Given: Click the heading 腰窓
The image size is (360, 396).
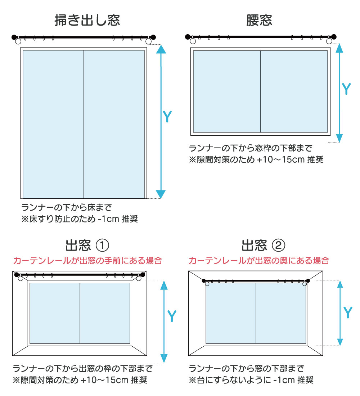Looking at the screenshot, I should (x=259, y=20).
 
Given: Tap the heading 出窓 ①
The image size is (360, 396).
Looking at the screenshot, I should (x=87, y=246).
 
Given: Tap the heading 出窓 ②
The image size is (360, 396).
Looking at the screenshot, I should (x=263, y=246).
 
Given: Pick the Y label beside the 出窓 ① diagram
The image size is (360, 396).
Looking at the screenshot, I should (x=172, y=316).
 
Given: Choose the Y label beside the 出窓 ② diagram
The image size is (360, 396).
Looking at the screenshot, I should (x=347, y=312).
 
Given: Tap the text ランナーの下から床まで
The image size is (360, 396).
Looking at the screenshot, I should (x=67, y=208).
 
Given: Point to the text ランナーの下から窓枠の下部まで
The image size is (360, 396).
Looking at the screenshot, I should (x=251, y=148).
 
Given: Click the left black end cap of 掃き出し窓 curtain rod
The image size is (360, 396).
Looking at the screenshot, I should (x=14, y=37).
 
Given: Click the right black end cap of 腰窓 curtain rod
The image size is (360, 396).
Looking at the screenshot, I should (x=334, y=36).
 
